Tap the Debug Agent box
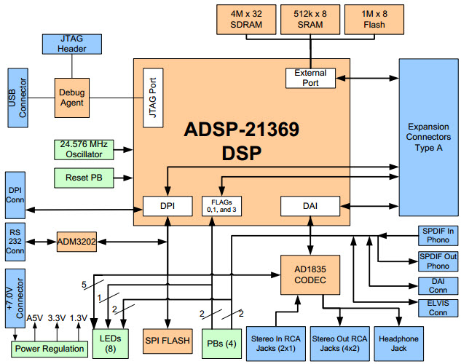[x=72, y=97]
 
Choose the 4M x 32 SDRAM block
[x=245, y=17]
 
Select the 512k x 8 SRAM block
[x=311, y=17]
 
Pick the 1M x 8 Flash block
[x=374, y=17]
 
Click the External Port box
[x=311, y=77]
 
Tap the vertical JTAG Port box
[x=153, y=98]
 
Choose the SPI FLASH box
[x=168, y=339]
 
